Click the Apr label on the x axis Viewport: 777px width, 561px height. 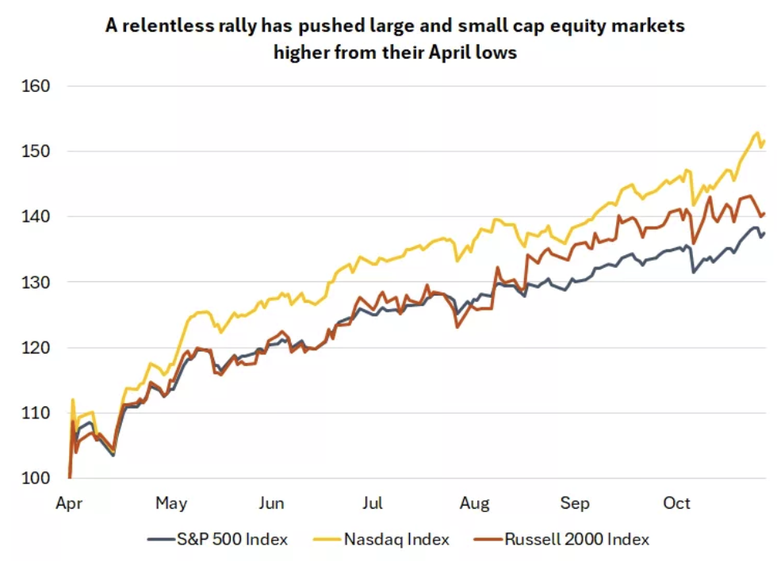click(71, 503)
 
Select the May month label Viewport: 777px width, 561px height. click(171, 503)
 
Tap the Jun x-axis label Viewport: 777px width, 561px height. click(272, 503)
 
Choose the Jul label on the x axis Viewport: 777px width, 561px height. click(373, 503)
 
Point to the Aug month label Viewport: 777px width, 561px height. click(474, 503)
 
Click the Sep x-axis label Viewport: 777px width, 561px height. click(575, 503)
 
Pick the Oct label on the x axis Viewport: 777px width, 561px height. click(676, 503)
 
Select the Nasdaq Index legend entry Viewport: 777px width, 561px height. click(396, 540)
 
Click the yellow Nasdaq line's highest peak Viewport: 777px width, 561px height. click(757, 132)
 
